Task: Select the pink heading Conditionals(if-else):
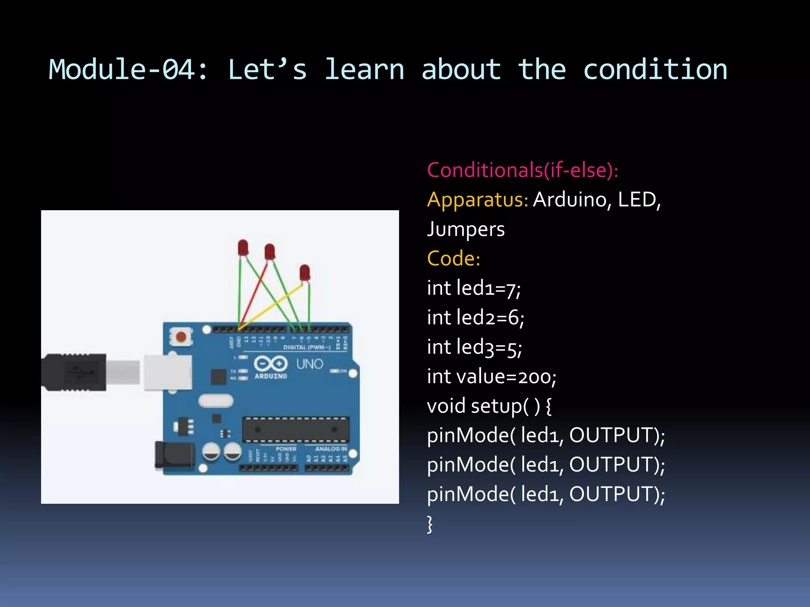point(522,170)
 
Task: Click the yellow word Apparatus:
point(477,200)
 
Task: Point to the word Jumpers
point(466,229)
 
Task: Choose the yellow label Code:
point(454,258)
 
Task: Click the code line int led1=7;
point(474,288)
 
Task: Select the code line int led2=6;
point(475,318)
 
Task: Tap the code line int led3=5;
point(474,347)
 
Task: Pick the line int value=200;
point(492,377)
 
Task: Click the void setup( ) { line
point(489,406)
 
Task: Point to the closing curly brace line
point(430,524)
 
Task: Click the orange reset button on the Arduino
point(181,337)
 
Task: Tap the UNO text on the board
point(310,364)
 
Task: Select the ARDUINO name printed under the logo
point(271,376)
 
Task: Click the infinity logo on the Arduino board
point(271,363)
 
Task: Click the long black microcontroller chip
point(296,429)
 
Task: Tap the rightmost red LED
point(305,273)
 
